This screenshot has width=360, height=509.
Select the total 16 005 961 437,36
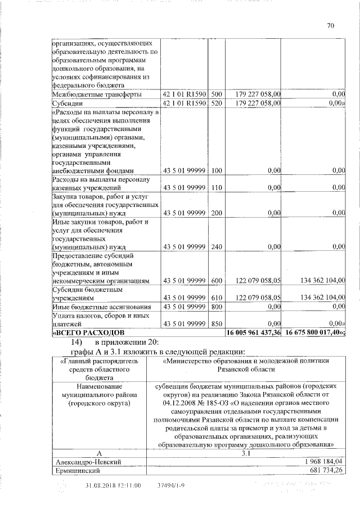(253, 333)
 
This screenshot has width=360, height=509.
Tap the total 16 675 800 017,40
(314, 333)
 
